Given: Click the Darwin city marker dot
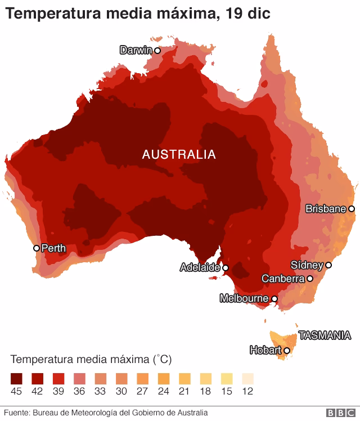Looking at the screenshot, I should click(157, 51).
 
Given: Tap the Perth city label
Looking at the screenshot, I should click(53, 248).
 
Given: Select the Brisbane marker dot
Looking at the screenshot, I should click(352, 209).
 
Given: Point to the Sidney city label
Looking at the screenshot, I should click(307, 265).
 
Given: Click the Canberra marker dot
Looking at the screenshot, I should click(309, 279).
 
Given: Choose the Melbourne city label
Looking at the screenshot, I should click(245, 298).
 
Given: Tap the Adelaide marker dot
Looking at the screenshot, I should click(226, 268).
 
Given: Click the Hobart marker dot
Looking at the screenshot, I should click(286, 351).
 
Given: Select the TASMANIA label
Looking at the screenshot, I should click(325, 336).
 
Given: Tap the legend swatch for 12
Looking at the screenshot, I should click(247, 378).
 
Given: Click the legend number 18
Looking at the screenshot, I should click(205, 391).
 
